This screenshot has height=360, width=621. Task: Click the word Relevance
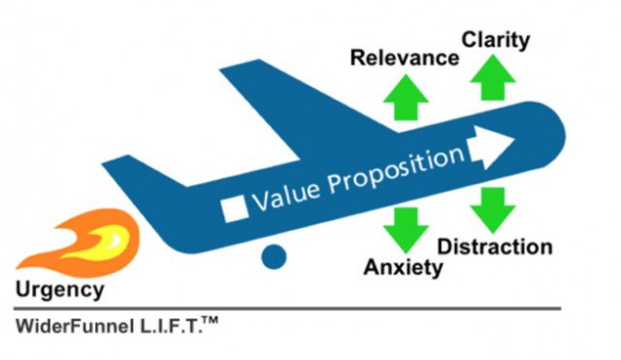click(406, 57)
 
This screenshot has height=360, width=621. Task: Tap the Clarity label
click(496, 40)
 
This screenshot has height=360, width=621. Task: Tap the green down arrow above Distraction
click(493, 209)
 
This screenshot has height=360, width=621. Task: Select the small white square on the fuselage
click(235, 209)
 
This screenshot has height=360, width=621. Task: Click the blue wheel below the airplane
click(275, 256)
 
